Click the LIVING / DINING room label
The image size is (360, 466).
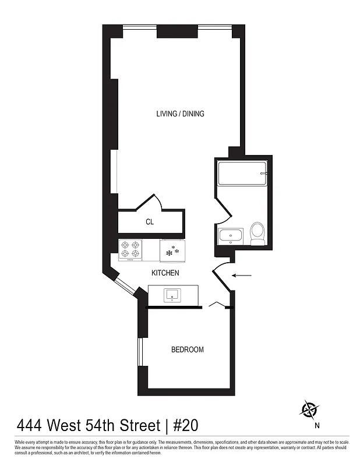click(x=180, y=114)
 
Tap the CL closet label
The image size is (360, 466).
click(x=149, y=222)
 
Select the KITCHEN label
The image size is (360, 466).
click(x=165, y=273)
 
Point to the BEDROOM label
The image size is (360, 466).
click(x=187, y=349)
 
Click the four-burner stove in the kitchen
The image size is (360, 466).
click(x=130, y=250)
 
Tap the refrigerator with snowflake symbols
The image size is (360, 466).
click(x=172, y=251)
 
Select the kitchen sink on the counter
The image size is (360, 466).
click(x=173, y=295)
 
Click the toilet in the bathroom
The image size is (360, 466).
click(x=256, y=233)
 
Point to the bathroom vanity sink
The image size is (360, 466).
click(x=232, y=237)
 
